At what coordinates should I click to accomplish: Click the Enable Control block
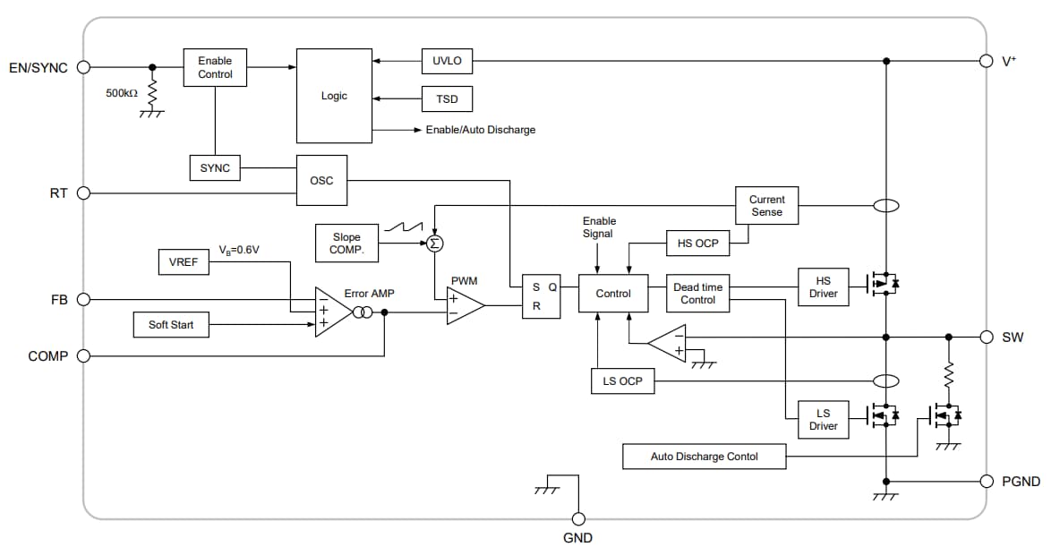click(215, 67)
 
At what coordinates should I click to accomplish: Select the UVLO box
click(447, 62)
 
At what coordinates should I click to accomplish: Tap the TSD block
click(447, 98)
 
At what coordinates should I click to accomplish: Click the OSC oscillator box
click(321, 181)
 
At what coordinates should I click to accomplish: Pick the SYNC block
click(215, 167)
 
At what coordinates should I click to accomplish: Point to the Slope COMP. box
click(346, 244)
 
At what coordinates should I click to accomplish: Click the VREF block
click(184, 262)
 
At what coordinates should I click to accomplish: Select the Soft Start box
click(171, 324)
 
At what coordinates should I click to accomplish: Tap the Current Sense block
click(766, 206)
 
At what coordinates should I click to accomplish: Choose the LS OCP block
click(622, 381)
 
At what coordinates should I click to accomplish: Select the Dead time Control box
click(697, 294)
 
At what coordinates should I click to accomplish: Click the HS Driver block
click(823, 287)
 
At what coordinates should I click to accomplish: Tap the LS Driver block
click(823, 420)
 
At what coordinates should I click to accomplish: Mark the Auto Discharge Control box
click(704, 457)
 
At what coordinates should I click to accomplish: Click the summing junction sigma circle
click(435, 244)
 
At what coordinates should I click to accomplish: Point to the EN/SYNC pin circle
click(84, 67)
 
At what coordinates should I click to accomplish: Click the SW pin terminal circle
click(986, 338)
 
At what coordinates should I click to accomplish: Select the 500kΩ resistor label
click(122, 93)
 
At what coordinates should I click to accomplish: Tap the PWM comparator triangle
click(464, 306)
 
